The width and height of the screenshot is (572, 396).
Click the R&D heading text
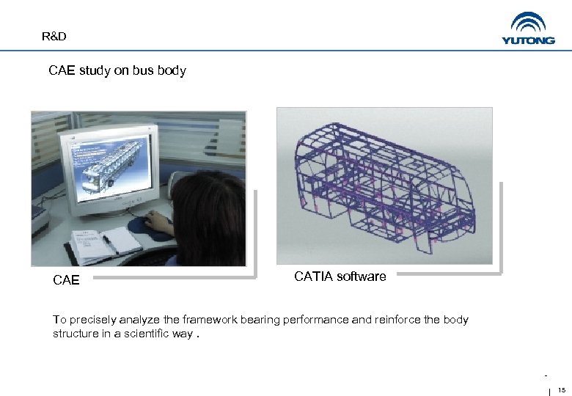pos(54,36)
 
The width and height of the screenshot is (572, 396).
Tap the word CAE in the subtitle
pos(61,71)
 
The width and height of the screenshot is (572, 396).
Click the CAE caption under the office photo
pos(66,279)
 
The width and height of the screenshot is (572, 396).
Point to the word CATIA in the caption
pos(313,276)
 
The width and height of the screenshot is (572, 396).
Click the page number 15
pos(562,389)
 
